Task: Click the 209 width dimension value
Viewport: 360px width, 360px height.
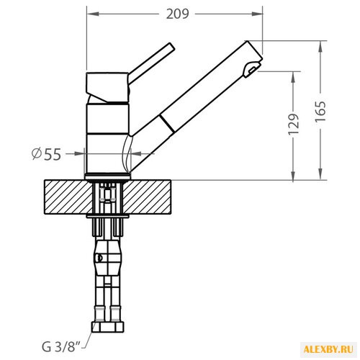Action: coord(178,14)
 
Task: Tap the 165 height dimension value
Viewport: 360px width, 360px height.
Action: coord(320,112)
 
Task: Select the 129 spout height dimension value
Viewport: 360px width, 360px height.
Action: coord(294,124)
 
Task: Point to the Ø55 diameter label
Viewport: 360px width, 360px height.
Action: coord(47,154)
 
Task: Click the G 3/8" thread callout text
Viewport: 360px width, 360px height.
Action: coord(61,346)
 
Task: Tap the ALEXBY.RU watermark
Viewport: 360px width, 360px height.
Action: coord(328,349)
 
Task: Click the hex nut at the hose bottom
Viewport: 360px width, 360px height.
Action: coord(108,327)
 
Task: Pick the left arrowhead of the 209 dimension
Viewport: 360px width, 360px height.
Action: coord(93,14)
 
